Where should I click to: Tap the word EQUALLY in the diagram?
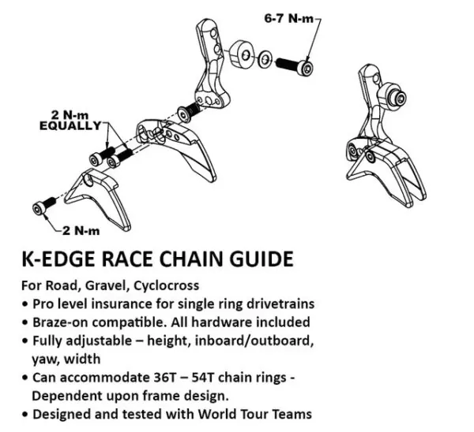[73, 125]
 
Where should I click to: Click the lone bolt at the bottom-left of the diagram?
[39, 207]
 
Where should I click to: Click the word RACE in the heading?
[140, 259]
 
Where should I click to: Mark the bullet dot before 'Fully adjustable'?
[28, 342]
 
